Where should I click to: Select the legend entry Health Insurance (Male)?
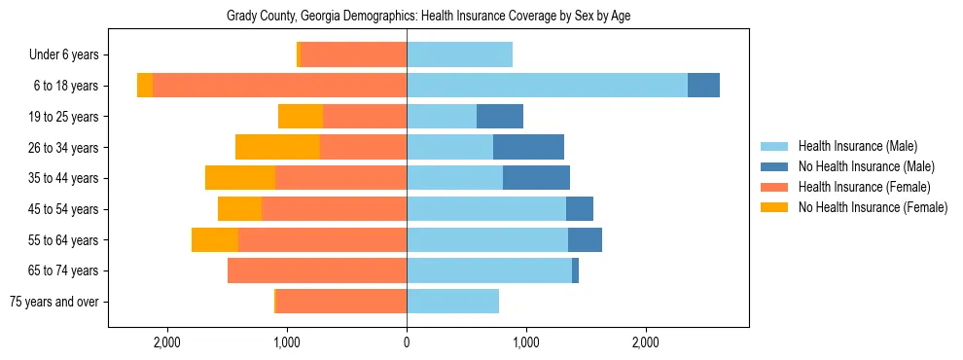click(857, 146)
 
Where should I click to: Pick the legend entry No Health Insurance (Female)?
click(872, 207)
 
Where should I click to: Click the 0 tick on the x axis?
click(407, 342)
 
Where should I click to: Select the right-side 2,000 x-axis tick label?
click(646, 342)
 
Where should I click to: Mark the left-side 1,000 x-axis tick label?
click(287, 342)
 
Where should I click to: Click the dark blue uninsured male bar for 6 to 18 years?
click(703, 86)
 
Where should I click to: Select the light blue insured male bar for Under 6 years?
click(459, 55)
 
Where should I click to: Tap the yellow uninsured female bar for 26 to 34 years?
click(277, 147)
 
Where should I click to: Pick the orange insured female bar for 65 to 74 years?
click(317, 270)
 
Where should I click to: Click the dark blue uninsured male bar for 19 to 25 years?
click(500, 117)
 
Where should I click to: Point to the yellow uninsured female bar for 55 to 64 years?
click(215, 239)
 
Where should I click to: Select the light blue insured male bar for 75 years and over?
click(452, 302)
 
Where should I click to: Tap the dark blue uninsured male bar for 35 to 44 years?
click(536, 178)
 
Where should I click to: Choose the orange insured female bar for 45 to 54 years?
click(334, 209)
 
